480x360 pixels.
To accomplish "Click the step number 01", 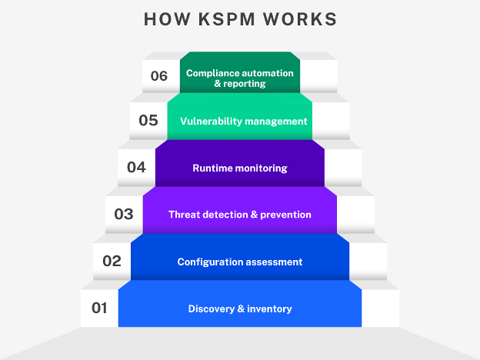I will tap(99, 308).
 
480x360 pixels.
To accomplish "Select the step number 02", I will tap(112, 262).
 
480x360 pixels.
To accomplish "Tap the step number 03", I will tap(124, 215).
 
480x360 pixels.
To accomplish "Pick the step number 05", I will tap(148, 121).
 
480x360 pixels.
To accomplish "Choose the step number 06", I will tap(159, 76).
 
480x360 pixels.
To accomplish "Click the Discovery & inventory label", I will tap(240, 309).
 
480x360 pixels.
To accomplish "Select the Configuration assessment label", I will tap(240, 262).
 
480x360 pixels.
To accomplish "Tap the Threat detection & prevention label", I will tap(240, 215).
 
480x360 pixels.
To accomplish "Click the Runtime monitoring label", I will tap(240, 168).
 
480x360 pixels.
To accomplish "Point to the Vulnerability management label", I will tap(244, 122).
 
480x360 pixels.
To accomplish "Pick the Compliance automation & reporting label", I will tap(240, 78).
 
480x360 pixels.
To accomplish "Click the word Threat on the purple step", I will tap(185, 215).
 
